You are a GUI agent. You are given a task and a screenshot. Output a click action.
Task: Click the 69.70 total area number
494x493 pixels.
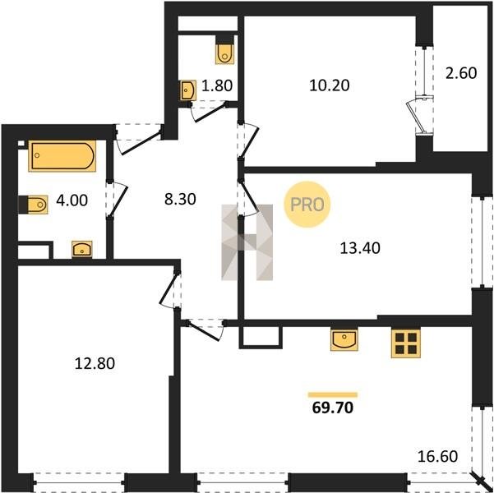[333, 408]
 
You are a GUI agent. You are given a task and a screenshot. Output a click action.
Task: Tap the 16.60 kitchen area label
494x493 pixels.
[437, 457]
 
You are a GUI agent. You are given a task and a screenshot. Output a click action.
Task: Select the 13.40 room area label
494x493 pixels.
[360, 248]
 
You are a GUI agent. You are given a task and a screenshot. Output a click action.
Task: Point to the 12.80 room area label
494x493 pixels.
[95, 363]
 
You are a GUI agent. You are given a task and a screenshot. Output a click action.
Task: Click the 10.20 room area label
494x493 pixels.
[330, 85]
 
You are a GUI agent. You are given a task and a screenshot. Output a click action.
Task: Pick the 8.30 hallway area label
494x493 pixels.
[180, 199]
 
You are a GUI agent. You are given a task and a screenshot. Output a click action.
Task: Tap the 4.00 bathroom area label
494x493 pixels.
[72, 200]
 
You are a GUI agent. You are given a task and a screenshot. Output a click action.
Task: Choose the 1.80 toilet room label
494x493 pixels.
[217, 85]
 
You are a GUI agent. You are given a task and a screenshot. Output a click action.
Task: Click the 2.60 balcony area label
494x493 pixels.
[461, 73]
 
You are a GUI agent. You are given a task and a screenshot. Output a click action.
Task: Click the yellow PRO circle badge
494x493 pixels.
[307, 205]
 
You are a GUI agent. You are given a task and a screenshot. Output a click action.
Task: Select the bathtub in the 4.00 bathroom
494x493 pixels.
[62, 156]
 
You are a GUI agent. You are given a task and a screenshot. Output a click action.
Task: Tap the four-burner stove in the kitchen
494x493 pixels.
[406, 343]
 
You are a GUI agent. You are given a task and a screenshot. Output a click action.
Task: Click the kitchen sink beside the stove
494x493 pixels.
[344, 339]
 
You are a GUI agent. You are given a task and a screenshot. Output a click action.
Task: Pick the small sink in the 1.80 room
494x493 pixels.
[188, 90]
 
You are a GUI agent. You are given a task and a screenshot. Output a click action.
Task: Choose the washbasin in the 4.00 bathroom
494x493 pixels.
[82, 249]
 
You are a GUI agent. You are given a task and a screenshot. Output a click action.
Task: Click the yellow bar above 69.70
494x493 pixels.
[333, 394]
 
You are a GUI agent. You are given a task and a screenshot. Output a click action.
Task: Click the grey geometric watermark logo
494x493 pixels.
[247, 242]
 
